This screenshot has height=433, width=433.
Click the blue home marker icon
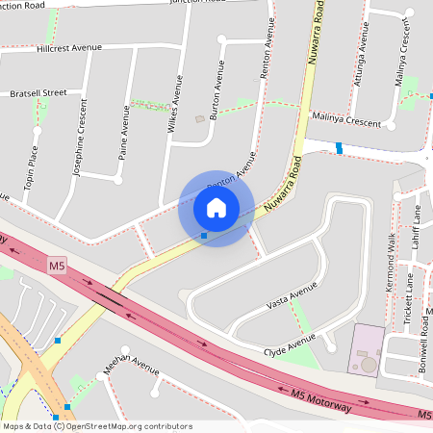(216, 207)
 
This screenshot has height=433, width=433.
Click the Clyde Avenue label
(290, 345)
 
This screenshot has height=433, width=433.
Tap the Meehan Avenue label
(131, 367)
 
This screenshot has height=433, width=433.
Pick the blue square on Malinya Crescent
(339, 147)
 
